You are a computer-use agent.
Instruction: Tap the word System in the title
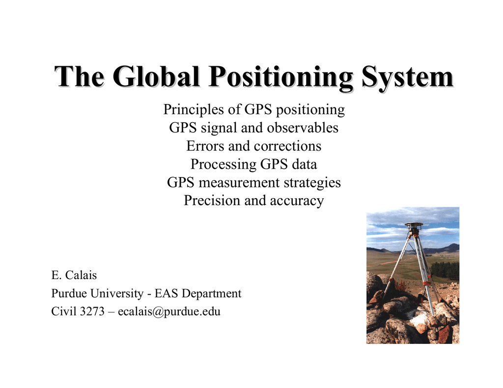pyautogui.click(x=407, y=77)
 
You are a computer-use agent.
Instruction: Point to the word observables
pyautogui.click(x=303, y=128)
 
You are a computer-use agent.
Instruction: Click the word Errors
pyautogui.click(x=205, y=146)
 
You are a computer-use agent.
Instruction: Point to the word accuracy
pyautogui.click(x=297, y=201)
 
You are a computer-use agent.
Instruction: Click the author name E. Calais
pyautogui.click(x=74, y=275)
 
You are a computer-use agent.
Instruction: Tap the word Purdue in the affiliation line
pyautogui.click(x=69, y=293)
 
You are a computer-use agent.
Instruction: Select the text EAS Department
pyautogui.click(x=198, y=293)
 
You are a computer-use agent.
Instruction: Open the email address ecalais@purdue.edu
pyautogui.click(x=169, y=311)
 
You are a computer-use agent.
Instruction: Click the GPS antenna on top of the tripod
pyautogui.click(x=414, y=226)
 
